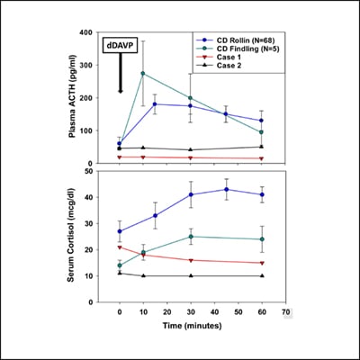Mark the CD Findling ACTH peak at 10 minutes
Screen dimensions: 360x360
pyautogui.click(x=143, y=73)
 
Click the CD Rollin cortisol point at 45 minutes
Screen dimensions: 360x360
pyautogui.click(x=226, y=189)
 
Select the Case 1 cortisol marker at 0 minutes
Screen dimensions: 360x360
pyautogui.click(x=120, y=247)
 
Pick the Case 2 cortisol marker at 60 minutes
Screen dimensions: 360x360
pyautogui.click(x=261, y=275)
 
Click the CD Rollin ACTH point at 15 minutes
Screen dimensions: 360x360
pyautogui.click(x=155, y=103)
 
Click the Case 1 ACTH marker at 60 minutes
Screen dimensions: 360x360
pyautogui.click(x=261, y=158)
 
